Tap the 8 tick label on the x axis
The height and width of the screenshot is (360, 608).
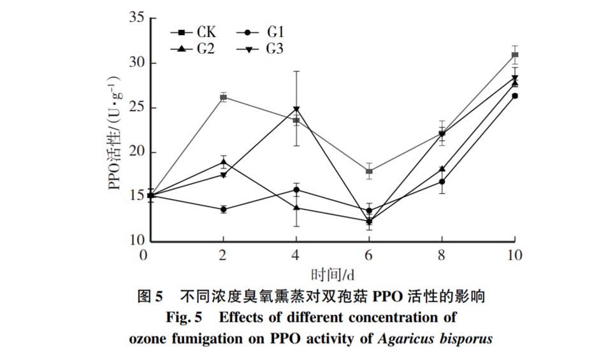click(442, 256)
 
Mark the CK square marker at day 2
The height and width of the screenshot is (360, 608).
click(223, 97)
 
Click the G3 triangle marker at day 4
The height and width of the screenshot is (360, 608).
click(296, 109)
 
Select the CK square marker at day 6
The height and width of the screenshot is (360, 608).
click(369, 171)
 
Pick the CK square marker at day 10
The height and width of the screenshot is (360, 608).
click(515, 55)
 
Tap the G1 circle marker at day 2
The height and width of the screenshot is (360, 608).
click(223, 209)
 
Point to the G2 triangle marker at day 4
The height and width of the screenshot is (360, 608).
click(296, 207)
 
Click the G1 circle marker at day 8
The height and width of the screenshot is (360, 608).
click(442, 182)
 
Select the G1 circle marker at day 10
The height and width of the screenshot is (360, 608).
click(515, 96)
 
